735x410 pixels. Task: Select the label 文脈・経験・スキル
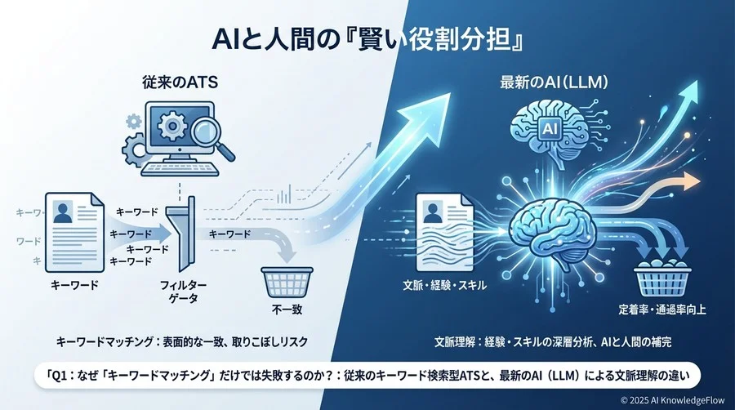[x=446, y=286]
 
